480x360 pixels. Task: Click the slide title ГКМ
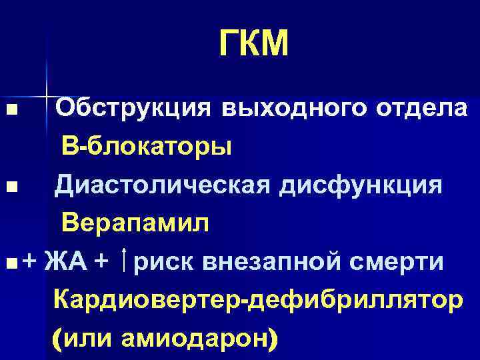coord(254,45)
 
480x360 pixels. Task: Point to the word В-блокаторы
coord(147,146)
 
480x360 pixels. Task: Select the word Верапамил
coord(136,223)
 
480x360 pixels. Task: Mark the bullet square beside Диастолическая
coord(8,186)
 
